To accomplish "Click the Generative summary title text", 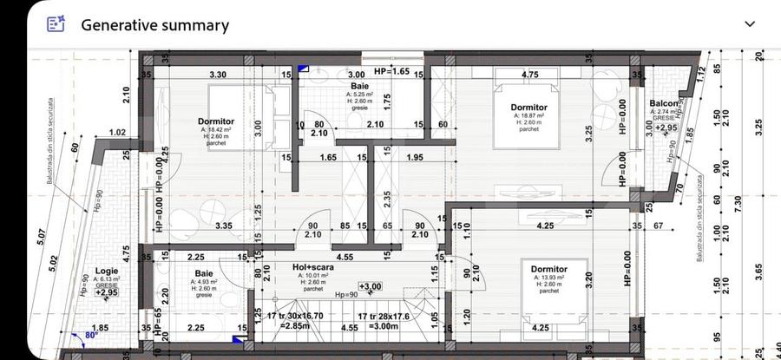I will tap(154, 25).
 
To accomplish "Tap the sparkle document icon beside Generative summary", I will tap(56, 24).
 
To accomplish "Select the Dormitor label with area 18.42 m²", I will tap(215, 121).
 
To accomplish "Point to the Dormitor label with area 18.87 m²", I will tap(528, 107).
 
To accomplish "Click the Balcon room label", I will tap(664, 104).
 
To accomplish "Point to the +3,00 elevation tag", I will tap(371, 286).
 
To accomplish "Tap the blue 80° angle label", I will tap(91, 334).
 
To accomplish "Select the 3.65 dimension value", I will tap(760, 272).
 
